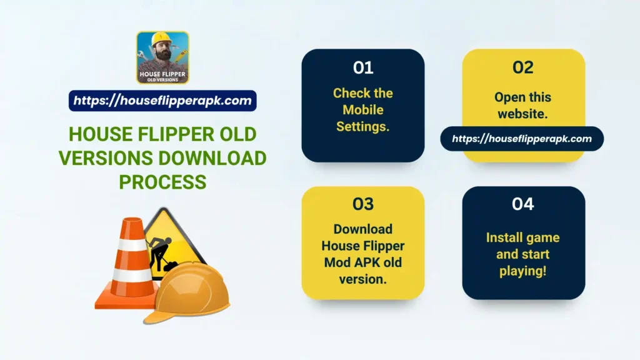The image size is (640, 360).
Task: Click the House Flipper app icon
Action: point(162,57)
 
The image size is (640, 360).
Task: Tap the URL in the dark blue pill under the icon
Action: point(162,101)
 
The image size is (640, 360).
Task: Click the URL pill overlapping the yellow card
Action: point(522,139)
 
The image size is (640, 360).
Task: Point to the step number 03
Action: point(362,204)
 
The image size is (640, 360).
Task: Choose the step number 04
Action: point(523,204)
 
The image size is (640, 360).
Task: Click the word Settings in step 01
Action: point(362,127)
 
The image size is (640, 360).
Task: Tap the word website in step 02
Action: point(523,114)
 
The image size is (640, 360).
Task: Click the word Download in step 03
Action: point(362,229)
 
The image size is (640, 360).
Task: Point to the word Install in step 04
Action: point(506,237)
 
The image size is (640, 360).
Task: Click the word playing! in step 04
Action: point(523,271)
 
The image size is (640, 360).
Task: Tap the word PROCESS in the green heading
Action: point(162,181)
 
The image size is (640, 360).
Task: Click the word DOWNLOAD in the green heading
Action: point(222,158)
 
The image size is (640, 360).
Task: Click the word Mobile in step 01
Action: point(362,110)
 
